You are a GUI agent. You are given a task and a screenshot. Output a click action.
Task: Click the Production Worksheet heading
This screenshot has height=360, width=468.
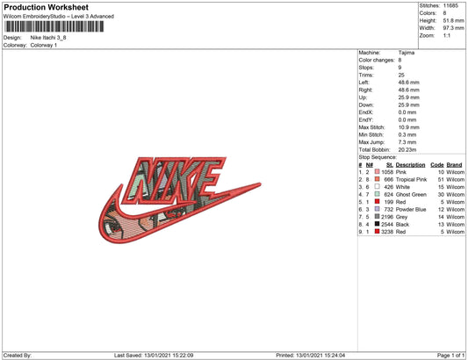coord(46,7)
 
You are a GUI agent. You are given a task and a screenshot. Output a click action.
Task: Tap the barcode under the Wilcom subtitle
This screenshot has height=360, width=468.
coord(54,26)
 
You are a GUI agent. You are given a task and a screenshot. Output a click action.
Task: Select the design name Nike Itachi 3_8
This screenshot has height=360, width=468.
coord(48,38)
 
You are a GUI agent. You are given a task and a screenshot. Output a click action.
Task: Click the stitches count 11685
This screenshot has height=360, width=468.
coord(450,5)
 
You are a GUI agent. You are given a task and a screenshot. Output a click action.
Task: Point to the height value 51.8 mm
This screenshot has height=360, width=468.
coord(453,20)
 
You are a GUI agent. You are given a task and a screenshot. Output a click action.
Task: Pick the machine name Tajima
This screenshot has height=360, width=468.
coord(407,53)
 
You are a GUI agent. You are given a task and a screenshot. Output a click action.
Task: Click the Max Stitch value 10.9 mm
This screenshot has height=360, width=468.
coord(408,127)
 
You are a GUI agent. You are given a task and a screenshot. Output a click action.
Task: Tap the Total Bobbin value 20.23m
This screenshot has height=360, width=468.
coord(407,150)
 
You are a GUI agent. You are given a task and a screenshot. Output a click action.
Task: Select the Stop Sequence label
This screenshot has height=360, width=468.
coord(378,157)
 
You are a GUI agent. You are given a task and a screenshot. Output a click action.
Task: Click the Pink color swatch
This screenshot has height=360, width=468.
coord(378,172)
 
